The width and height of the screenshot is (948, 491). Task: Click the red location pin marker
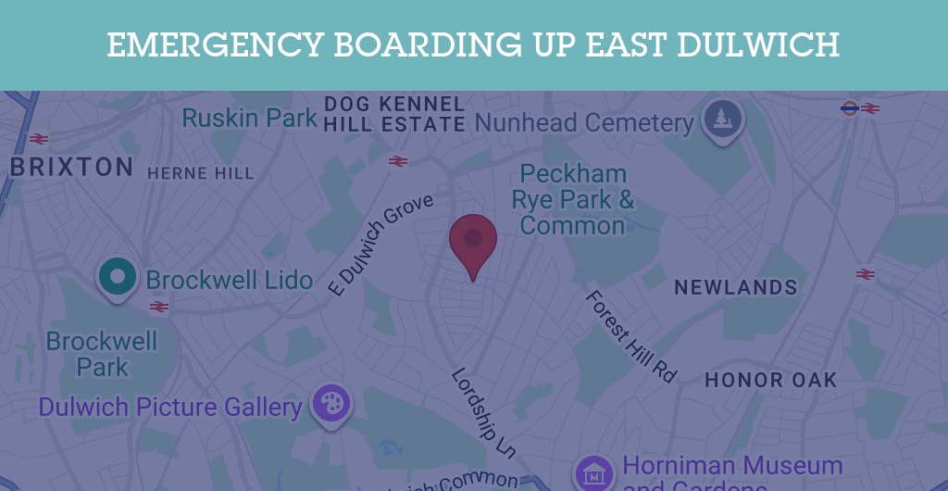pyautogui.click(x=473, y=241)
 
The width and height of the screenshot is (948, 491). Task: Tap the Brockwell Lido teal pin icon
pyautogui.click(x=118, y=276)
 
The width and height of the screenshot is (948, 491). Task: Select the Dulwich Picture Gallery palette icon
pyautogui.click(x=331, y=404)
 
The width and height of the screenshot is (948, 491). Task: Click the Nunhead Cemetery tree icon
pyautogui.click(x=722, y=119)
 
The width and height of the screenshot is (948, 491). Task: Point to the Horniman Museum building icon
pyautogui.click(x=593, y=472)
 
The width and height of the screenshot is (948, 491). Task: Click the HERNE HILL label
pyautogui.click(x=200, y=173)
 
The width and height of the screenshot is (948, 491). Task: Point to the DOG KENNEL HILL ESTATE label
pyautogui.click(x=394, y=113)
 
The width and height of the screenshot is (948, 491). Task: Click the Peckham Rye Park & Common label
pyautogui.click(x=573, y=199)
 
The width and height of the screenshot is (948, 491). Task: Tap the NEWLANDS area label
pyautogui.click(x=736, y=288)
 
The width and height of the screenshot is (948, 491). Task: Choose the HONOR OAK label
pyautogui.click(x=771, y=380)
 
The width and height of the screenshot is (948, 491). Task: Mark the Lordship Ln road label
pyautogui.click(x=483, y=412)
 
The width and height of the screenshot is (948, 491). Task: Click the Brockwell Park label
pyautogui.click(x=102, y=354)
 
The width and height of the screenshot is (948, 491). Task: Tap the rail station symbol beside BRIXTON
pyautogui.click(x=38, y=139)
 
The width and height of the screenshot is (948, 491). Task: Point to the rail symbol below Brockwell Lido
pyautogui.click(x=159, y=307)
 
